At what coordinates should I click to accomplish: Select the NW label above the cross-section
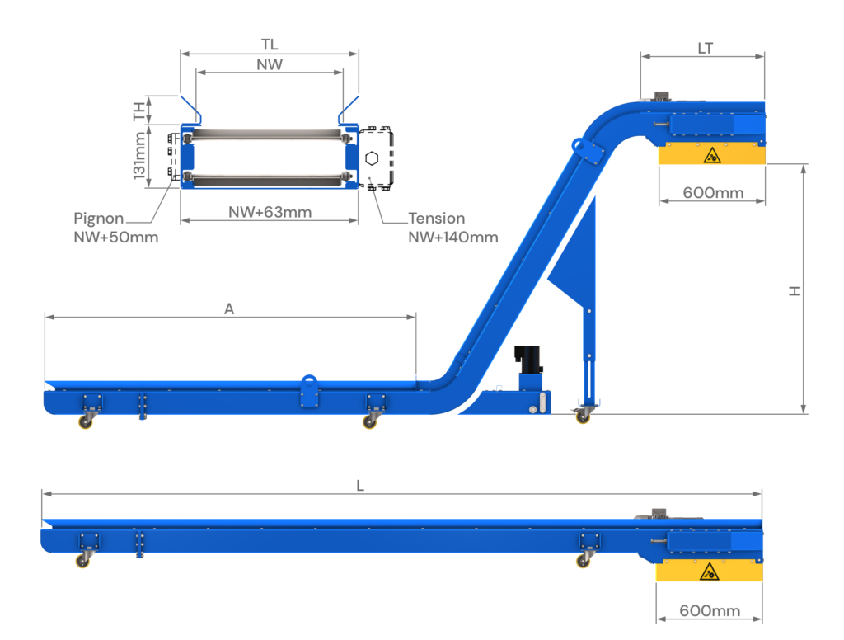[270, 64]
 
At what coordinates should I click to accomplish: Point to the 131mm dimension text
[140, 157]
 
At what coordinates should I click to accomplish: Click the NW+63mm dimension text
[270, 212]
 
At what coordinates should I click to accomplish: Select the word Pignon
[98, 219]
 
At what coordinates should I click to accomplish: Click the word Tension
[437, 219]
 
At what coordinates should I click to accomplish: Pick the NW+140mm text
[453, 238]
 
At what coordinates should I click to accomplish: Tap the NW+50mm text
[116, 238]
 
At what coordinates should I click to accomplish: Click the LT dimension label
[705, 49]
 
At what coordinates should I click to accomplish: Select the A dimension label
[229, 308]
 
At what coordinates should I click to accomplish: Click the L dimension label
[359, 486]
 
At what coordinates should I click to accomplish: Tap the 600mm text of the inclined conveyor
[713, 194]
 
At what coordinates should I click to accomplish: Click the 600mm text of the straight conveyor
[710, 611]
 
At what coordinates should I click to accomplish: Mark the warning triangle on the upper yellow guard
[709, 155]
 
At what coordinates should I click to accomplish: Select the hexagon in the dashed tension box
[372, 158]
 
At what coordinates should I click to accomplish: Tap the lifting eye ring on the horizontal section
[310, 382]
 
